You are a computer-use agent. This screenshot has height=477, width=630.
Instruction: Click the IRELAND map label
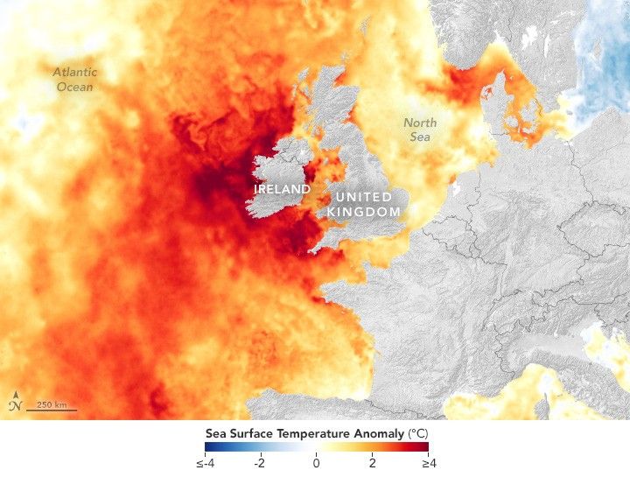tap(283, 189)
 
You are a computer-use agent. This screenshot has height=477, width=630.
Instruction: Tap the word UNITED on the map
tap(362, 198)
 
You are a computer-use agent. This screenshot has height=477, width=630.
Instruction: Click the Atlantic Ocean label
tap(74, 80)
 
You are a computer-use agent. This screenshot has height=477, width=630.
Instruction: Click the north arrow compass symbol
tap(16, 403)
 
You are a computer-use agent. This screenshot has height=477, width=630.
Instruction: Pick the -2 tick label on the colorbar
tap(259, 462)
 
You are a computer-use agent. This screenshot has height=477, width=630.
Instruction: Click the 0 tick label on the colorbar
tap(316, 462)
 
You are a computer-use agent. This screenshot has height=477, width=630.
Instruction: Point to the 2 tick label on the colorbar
tap(372, 462)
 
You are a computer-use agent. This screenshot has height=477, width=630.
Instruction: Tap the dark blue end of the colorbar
tap(207, 447)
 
